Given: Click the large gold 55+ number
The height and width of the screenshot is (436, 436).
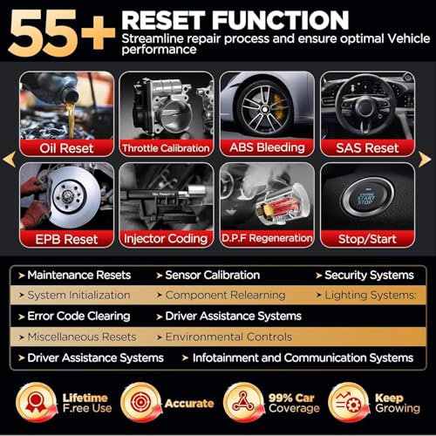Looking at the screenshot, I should coord(61,32).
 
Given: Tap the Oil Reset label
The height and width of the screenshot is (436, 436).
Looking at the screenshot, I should coord(66,147).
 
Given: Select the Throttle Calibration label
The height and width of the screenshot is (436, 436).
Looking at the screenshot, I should coord(166,147).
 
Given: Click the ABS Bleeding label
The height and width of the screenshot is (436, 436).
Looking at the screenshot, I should coord(268,147).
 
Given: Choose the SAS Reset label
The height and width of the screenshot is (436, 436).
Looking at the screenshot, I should coord(367,147).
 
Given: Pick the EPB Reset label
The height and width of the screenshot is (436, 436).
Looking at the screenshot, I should coord(66,238).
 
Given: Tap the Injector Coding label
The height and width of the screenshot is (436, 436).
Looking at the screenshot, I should coord(166,238).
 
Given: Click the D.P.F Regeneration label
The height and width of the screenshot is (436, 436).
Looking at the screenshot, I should coord(268,238).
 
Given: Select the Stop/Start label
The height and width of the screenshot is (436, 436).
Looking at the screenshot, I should coord(367,238).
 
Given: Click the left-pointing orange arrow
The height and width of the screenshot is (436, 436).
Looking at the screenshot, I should coord(10,159).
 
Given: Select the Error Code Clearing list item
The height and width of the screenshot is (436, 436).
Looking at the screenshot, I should coord(78,317).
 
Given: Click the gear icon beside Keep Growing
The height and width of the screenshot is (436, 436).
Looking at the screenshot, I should coord(347,404).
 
